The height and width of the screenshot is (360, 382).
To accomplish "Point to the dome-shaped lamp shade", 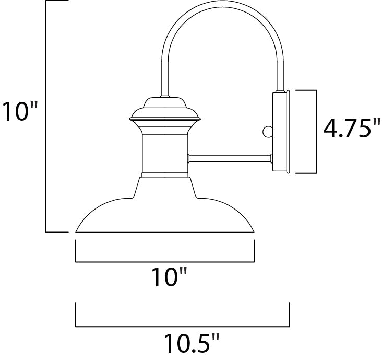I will point(165,214).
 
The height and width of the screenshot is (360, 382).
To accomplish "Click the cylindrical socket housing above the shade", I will point(165,152).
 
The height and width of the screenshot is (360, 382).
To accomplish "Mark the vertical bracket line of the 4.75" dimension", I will point(317,131).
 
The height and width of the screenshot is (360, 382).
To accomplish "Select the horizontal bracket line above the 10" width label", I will point(165,261).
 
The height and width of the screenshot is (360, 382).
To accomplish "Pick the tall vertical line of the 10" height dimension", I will point(46,115).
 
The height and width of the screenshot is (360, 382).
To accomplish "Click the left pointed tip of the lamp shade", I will point(77,230).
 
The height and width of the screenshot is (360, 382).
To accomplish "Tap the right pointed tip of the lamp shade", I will point(254,230).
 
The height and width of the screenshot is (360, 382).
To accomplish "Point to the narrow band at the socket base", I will point(165,172).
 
